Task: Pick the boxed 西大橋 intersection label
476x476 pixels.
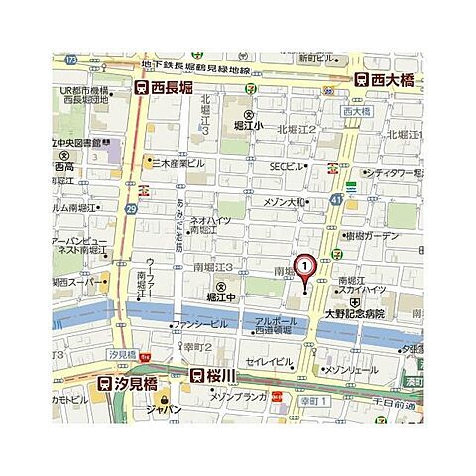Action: (x=353, y=113)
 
